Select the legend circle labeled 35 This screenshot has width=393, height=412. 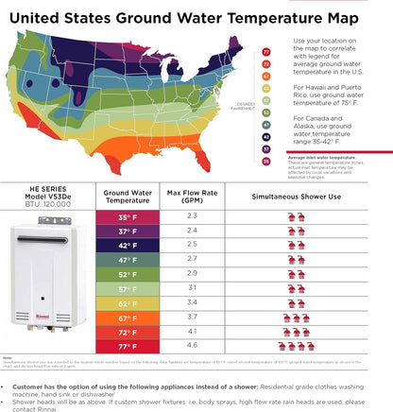point(267,161)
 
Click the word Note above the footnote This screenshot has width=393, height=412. point(8,357)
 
